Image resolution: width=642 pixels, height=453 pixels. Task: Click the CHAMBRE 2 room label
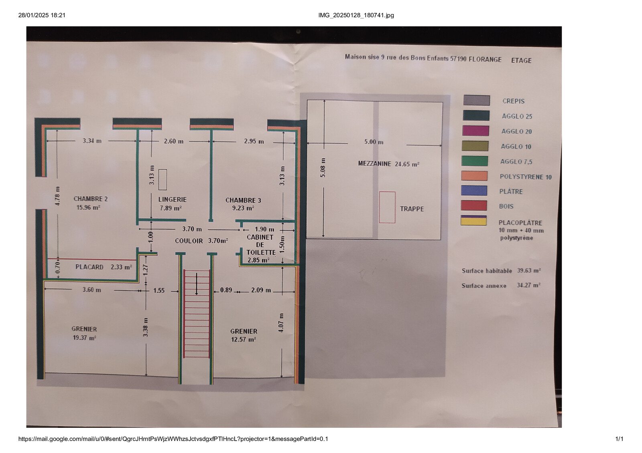point(91,199)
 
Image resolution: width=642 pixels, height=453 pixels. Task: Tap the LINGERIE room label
point(172,199)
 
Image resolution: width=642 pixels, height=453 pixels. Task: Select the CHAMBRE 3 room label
point(243,200)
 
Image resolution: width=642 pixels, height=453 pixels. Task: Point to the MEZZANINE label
point(374,163)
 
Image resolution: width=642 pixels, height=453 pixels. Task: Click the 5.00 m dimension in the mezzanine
point(374,142)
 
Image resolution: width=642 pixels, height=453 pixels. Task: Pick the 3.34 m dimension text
point(92,141)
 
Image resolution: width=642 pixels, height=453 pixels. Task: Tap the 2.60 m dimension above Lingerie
point(173,141)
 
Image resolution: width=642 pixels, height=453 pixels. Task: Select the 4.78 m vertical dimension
point(57,196)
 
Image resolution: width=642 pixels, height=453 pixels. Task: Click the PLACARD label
point(89,267)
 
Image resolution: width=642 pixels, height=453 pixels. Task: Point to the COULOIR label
point(189,241)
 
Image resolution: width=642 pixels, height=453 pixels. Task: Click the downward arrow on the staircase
point(197,284)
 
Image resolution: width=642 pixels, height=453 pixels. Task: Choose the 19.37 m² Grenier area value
point(84,338)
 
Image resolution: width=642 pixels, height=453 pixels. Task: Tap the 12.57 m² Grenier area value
point(243,340)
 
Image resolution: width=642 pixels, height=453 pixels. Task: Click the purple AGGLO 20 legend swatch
point(475,131)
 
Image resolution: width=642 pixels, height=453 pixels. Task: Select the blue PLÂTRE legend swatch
point(474,191)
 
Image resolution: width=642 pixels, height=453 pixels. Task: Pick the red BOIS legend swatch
point(474,205)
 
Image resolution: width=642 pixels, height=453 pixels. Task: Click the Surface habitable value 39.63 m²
point(529,270)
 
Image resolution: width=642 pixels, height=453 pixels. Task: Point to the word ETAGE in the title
point(521,60)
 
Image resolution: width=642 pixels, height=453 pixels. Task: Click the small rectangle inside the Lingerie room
point(163,180)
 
